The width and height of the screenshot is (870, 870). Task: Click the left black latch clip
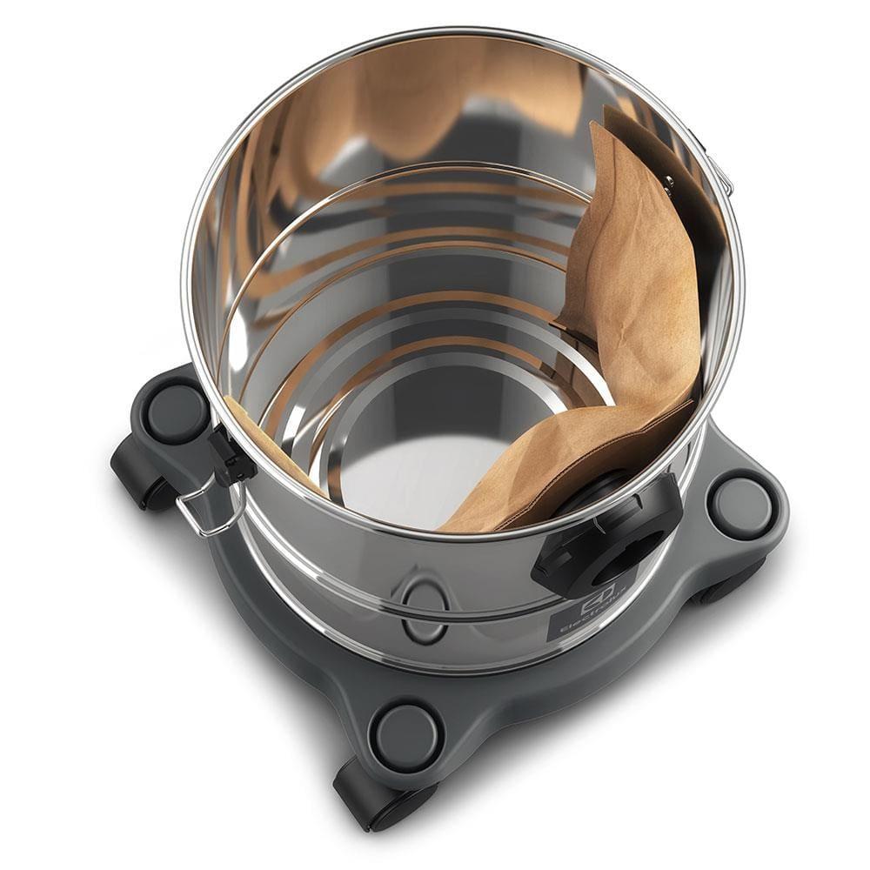[x=231, y=456]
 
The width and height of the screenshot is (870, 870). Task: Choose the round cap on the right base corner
[x=742, y=504]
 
